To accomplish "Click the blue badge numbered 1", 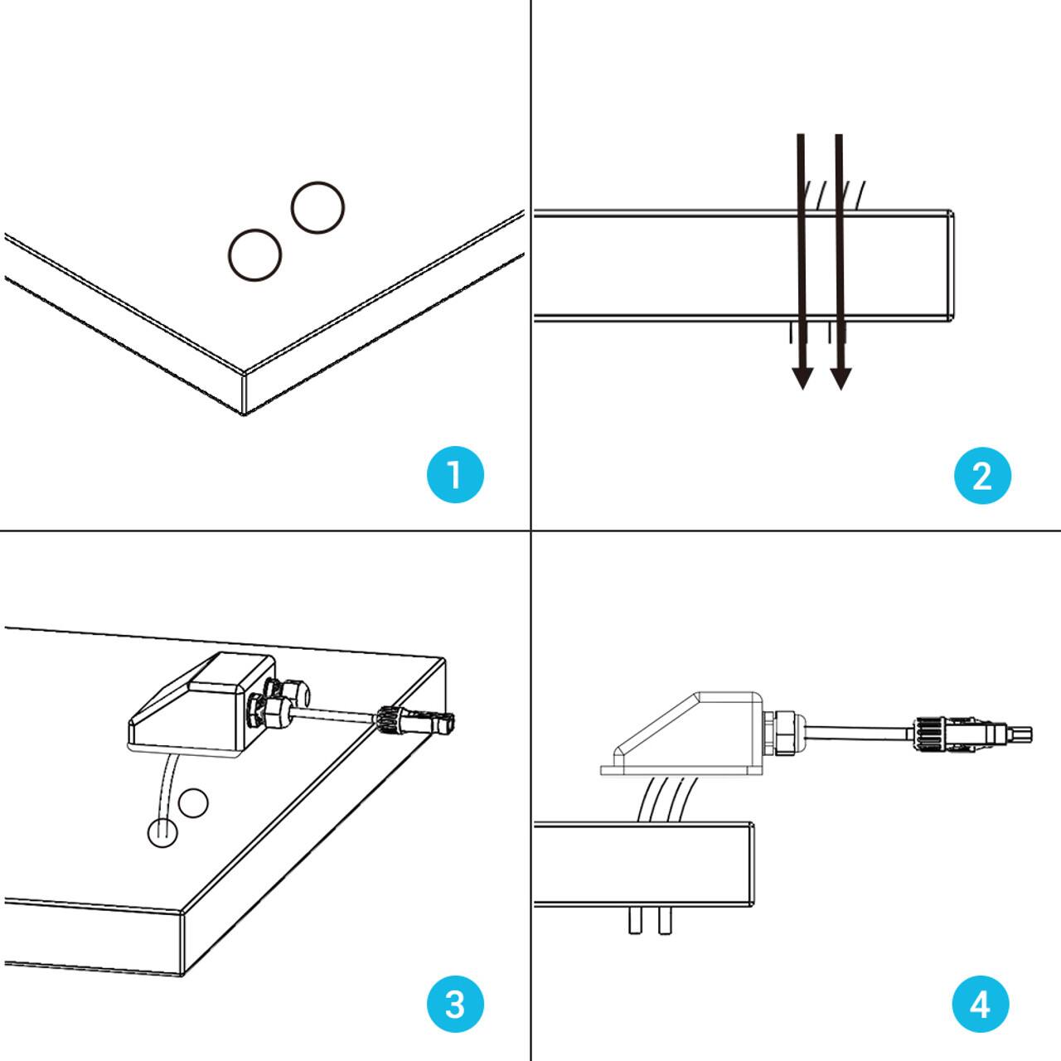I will tap(454, 475).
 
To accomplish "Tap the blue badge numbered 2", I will tap(982, 476).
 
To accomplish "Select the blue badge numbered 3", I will tap(454, 1004).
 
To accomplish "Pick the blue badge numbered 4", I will tap(981, 1004).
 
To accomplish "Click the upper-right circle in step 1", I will tap(317, 207).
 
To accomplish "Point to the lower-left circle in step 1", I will tap(254, 254).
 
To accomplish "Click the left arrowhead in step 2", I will tap(802, 378).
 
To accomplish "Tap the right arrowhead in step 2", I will tap(841, 378).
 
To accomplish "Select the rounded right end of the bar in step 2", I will tap(949, 265).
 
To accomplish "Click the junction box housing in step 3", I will tap(199, 705).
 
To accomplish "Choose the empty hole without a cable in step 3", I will tap(194, 802).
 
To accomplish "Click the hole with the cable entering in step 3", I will tap(162, 831).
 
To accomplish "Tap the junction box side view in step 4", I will tap(680, 734).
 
